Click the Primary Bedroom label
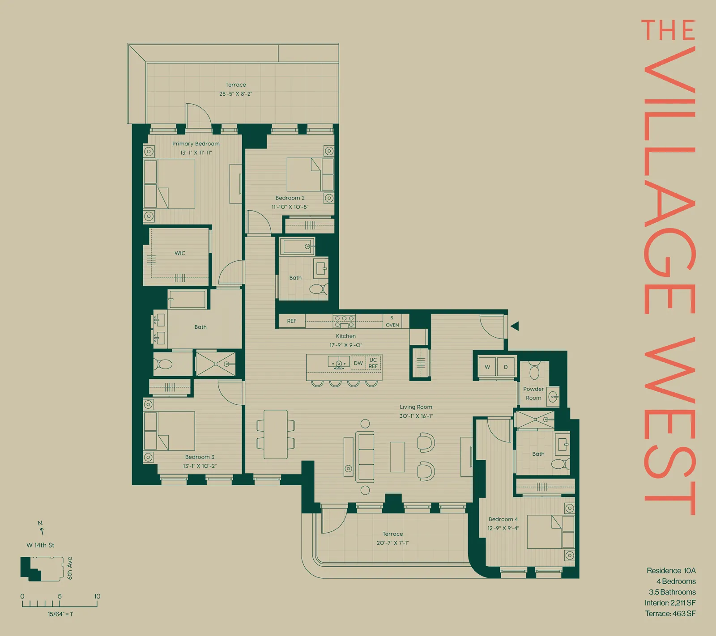(196, 144)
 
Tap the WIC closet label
(180, 253)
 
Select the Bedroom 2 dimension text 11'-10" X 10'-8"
(290, 207)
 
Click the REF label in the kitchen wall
(292, 321)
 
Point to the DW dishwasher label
(358, 363)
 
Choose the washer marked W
(487, 367)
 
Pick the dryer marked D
(506, 367)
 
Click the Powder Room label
(533, 394)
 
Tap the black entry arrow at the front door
(515, 326)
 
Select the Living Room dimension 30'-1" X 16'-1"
(416, 416)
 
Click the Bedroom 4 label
(503, 519)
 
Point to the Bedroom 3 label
(200, 457)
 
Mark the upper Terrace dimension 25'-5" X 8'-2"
(236, 94)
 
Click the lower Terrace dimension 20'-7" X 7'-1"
(393, 543)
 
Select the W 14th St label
(40, 545)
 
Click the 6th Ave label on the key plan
(70, 568)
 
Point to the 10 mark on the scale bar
(97, 597)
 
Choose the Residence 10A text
(671, 571)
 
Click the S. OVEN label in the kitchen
(392, 322)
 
